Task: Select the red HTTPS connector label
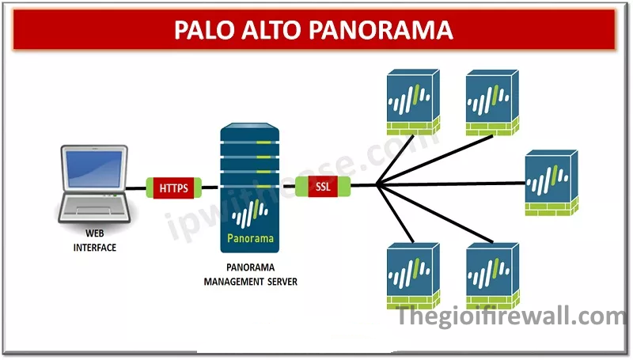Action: coord(175,188)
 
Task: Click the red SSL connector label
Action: coord(323,188)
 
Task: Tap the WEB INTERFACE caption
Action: coord(95,241)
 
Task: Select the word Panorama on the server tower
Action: coord(251,237)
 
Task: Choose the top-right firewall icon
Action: coord(491,101)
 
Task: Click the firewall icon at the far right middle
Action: coord(551,182)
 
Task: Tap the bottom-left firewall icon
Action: coord(411,274)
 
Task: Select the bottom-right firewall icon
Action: coord(491,274)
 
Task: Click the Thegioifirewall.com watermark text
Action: coord(511,317)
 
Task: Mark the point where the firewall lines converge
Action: coord(377,187)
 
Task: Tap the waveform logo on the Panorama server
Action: coord(251,211)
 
